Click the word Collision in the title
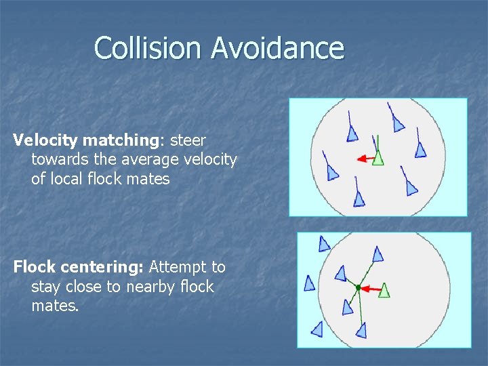click(x=148, y=48)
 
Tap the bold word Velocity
click(x=46, y=140)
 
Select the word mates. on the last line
click(x=55, y=306)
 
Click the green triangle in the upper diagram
click(x=378, y=157)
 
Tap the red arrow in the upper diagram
click(x=365, y=159)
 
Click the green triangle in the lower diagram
click(x=384, y=290)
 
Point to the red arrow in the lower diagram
click(x=369, y=289)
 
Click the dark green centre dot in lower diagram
click(x=358, y=287)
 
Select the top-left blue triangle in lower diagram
click(x=325, y=244)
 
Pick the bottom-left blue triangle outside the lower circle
click(x=317, y=329)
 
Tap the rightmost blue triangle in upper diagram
click(x=420, y=150)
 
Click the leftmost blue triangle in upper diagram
click(x=332, y=172)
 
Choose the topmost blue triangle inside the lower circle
click(x=378, y=254)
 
